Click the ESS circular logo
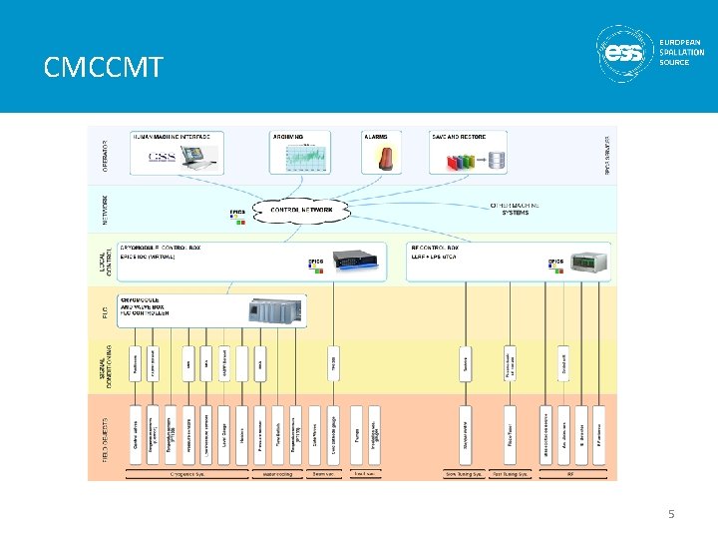pyautogui.click(x=626, y=53)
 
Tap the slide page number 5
pyautogui.click(x=671, y=514)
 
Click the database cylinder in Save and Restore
pyautogui.click(x=496, y=159)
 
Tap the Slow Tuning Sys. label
pyautogui.click(x=464, y=474)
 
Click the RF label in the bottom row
pyautogui.click(x=570, y=474)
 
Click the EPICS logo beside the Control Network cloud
pyautogui.click(x=237, y=215)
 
